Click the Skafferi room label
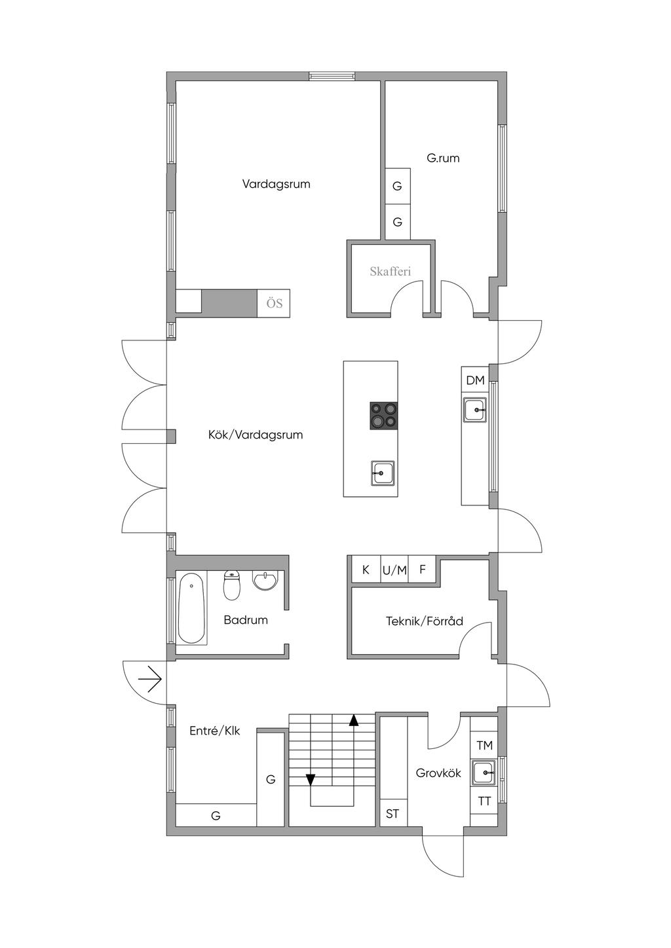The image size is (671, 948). (390, 271)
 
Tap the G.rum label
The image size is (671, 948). (443, 158)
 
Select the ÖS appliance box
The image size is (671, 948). (274, 303)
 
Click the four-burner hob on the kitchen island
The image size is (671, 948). (384, 416)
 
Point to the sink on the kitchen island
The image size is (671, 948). (383, 473)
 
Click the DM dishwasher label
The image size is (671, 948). (475, 380)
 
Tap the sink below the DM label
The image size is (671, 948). (474, 410)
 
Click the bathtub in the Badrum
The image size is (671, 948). (191, 608)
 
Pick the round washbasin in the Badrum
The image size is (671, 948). (265, 579)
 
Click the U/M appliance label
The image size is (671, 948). (394, 571)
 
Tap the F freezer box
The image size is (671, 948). (423, 570)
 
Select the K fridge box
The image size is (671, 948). (366, 570)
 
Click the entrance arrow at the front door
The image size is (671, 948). (150, 680)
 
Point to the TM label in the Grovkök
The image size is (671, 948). (485, 745)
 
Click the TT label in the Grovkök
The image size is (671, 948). (485, 801)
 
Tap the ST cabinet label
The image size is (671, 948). (393, 813)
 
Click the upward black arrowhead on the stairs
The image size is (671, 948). (354, 720)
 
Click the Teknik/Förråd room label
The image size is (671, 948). (425, 621)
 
